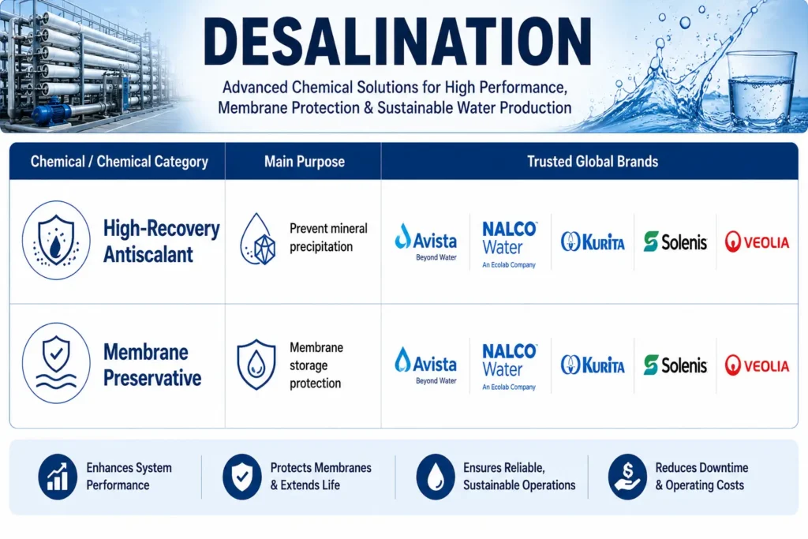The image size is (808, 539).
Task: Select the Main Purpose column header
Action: click(x=304, y=161)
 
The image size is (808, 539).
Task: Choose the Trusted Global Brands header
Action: click(x=592, y=161)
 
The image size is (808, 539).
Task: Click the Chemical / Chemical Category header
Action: click(x=119, y=161)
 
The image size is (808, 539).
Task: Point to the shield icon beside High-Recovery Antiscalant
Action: click(x=56, y=240)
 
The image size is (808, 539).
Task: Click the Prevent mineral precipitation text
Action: click(x=328, y=237)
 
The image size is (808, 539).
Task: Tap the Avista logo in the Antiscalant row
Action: click(x=425, y=241)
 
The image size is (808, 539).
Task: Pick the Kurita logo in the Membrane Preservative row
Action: click(x=593, y=365)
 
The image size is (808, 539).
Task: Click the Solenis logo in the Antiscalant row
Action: click(x=675, y=241)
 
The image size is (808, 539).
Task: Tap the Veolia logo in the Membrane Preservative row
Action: click(x=757, y=365)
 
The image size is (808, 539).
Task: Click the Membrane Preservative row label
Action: click(x=152, y=365)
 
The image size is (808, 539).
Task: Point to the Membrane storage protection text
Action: click(x=316, y=365)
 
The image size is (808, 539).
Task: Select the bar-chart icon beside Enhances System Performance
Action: click(x=58, y=477)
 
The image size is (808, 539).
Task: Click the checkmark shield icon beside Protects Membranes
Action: click(x=241, y=477)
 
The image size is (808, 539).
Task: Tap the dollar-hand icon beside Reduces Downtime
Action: click(x=627, y=477)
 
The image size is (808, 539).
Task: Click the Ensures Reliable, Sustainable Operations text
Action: click(x=519, y=476)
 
